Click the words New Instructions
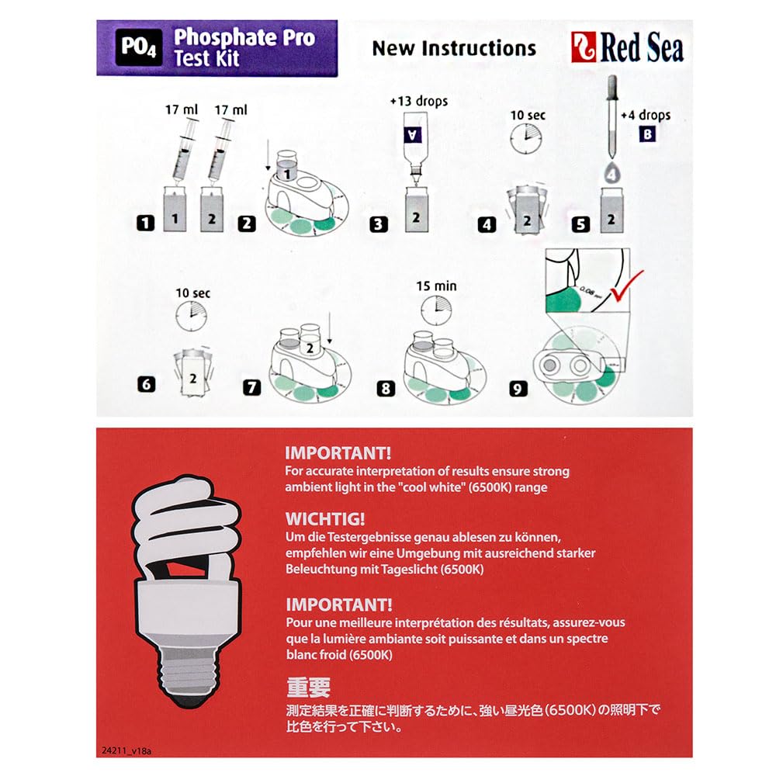pos(454,48)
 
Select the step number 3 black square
pos(378,225)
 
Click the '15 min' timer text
pos(436,286)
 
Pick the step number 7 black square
pos(251,386)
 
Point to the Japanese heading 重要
pos(308,688)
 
